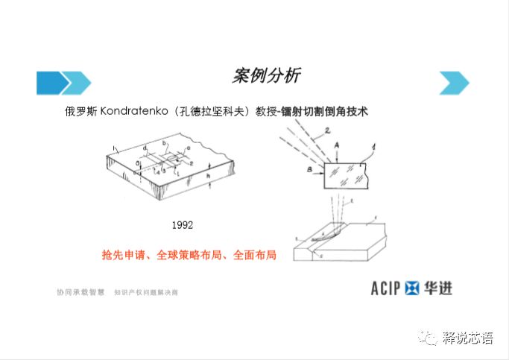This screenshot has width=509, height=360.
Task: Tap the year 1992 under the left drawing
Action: pos(183,224)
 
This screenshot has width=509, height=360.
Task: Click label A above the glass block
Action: pos(337,145)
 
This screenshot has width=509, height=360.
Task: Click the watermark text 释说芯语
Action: pos(467,338)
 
